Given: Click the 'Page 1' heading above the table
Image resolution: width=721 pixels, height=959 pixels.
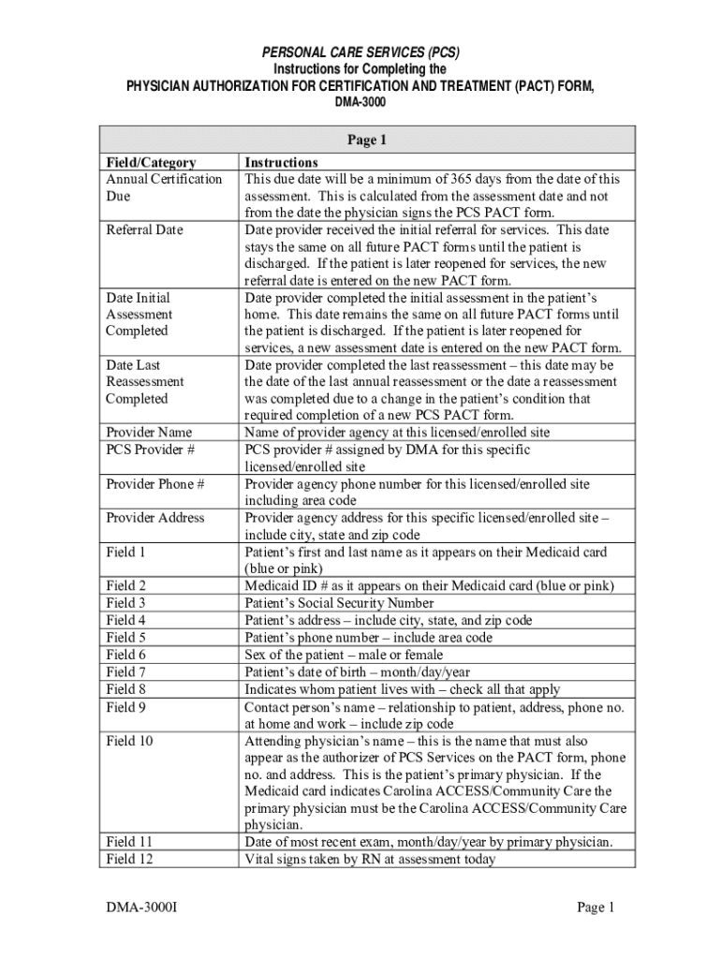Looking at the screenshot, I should tap(367, 140).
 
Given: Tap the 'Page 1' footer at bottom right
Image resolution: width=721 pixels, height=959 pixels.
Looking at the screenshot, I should tap(595, 907).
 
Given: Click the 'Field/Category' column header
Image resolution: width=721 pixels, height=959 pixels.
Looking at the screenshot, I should tap(151, 162).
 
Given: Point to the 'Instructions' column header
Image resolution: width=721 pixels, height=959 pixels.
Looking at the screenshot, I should tap(281, 162).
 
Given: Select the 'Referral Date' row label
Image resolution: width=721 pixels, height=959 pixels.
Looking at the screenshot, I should tap(144, 229).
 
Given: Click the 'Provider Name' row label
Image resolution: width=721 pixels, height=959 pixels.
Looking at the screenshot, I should tap(149, 433).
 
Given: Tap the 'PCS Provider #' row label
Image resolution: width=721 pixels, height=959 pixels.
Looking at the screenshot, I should tap(151, 450).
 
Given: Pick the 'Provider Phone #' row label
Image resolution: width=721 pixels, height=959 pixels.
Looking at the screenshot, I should tap(155, 484).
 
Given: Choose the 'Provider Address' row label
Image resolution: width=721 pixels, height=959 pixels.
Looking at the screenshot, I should tap(154, 518).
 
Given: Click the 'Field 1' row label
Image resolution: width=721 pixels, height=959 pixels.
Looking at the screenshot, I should tap(126, 552).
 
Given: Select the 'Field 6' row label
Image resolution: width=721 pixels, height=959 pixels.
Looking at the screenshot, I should tap(126, 655).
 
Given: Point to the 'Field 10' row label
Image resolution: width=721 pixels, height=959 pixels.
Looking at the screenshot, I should tap(129, 740).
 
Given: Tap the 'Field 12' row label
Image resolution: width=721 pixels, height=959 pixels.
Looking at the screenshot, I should tap(129, 859).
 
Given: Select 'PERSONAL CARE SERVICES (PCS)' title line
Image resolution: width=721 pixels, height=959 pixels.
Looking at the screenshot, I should tap(360, 52).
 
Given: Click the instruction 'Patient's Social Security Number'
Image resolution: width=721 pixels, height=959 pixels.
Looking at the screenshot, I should tap(339, 603).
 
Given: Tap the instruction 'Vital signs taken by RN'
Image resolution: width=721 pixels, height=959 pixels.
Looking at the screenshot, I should tap(370, 859).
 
